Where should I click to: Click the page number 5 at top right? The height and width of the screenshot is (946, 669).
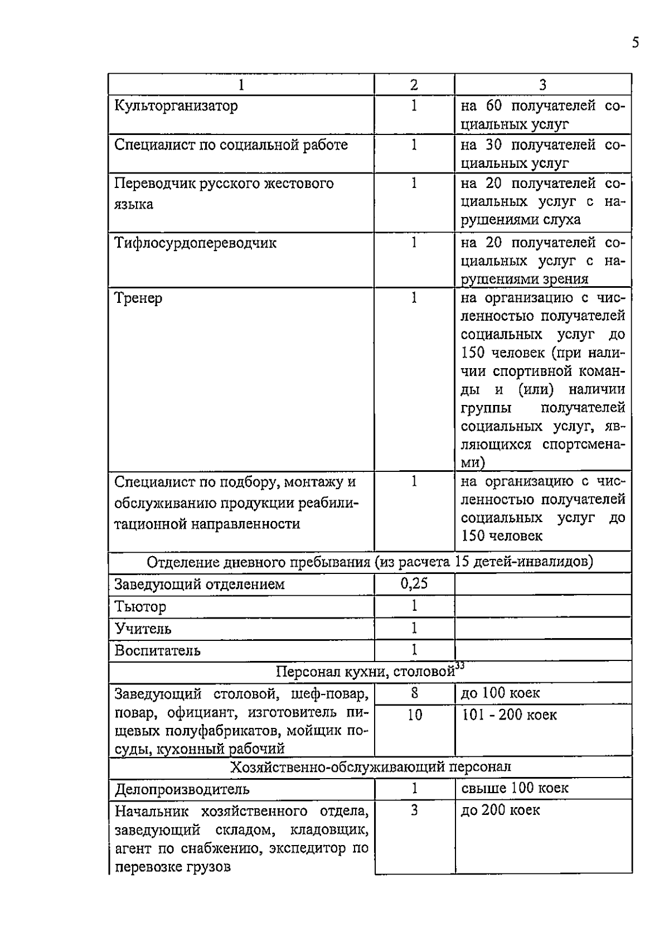click(x=636, y=43)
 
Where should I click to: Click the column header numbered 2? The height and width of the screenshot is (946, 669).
click(x=414, y=85)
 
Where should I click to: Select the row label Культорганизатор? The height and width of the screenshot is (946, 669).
click(x=176, y=106)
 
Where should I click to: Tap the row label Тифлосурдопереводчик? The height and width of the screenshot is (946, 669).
click(x=195, y=243)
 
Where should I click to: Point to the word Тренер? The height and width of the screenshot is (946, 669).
click(x=138, y=298)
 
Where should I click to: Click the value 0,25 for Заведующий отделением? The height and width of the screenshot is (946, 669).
click(x=414, y=584)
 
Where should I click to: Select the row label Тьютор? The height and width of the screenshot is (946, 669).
click(x=140, y=607)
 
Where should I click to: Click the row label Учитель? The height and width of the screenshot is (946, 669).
click(x=143, y=629)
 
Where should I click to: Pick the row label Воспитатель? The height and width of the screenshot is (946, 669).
click(x=158, y=651)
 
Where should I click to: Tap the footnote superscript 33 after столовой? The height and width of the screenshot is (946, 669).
click(x=459, y=665)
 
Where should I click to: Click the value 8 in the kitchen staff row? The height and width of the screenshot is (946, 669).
click(x=414, y=693)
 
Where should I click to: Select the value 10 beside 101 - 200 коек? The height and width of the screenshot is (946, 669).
click(x=414, y=715)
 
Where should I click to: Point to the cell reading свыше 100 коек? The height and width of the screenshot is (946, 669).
click(x=515, y=788)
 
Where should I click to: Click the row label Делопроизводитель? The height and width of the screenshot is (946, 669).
click(x=182, y=790)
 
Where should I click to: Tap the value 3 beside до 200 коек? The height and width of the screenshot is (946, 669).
click(x=414, y=810)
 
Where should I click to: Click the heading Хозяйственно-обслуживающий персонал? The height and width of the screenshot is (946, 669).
click(x=370, y=768)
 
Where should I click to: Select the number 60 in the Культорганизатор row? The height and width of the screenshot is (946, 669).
click(x=494, y=106)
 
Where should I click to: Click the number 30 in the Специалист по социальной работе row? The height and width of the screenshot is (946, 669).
click(x=494, y=145)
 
